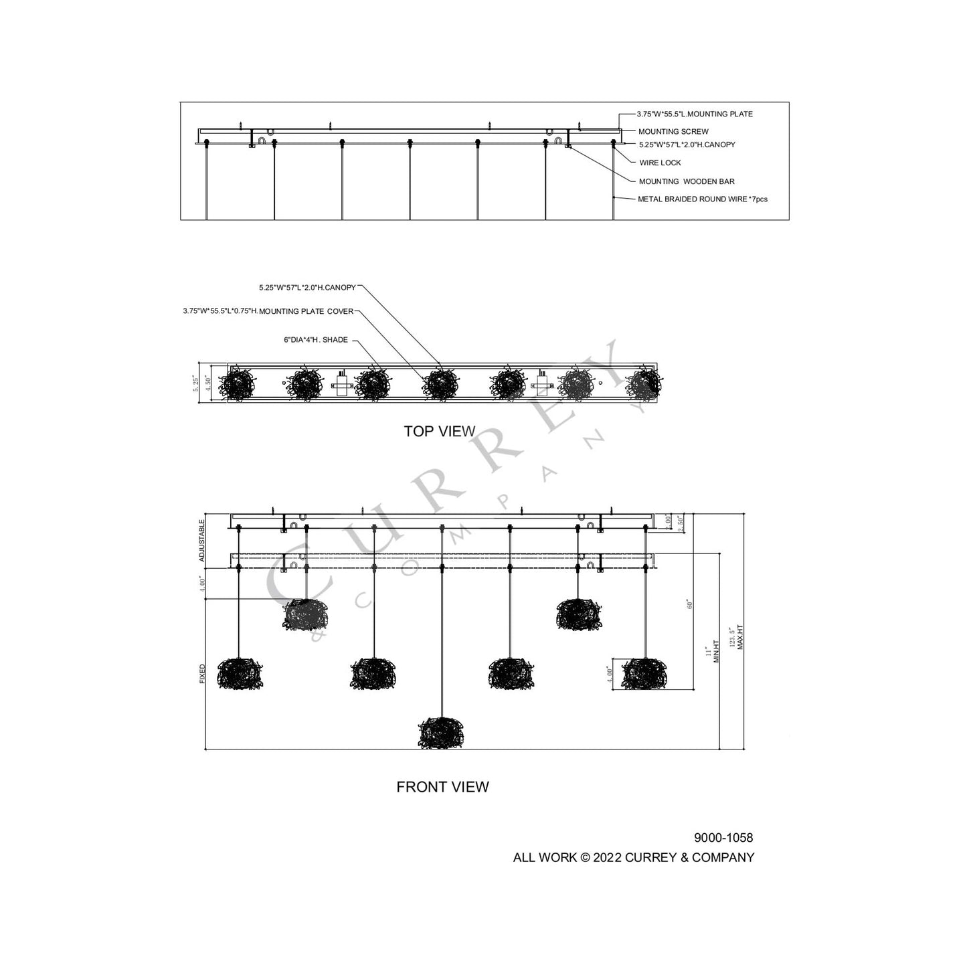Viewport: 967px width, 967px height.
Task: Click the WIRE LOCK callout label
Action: (x=660, y=163)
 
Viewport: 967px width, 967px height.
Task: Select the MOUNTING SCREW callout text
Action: (x=673, y=132)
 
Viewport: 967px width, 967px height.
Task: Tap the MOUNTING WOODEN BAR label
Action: (x=687, y=181)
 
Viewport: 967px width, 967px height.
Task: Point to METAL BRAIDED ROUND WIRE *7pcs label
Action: (x=702, y=199)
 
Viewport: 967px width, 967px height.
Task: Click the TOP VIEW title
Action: (x=439, y=432)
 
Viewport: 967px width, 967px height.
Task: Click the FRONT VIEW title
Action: (x=442, y=787)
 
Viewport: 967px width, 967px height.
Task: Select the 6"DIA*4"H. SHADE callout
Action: (x=315, y=340)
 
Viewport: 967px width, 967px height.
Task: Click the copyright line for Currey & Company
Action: (x=633, y=858)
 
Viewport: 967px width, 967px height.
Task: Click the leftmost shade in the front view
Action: (x=240, y=673)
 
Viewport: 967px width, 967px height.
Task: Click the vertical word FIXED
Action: (x=203, y=673)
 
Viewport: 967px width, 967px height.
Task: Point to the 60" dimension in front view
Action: (x=689, y=604)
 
